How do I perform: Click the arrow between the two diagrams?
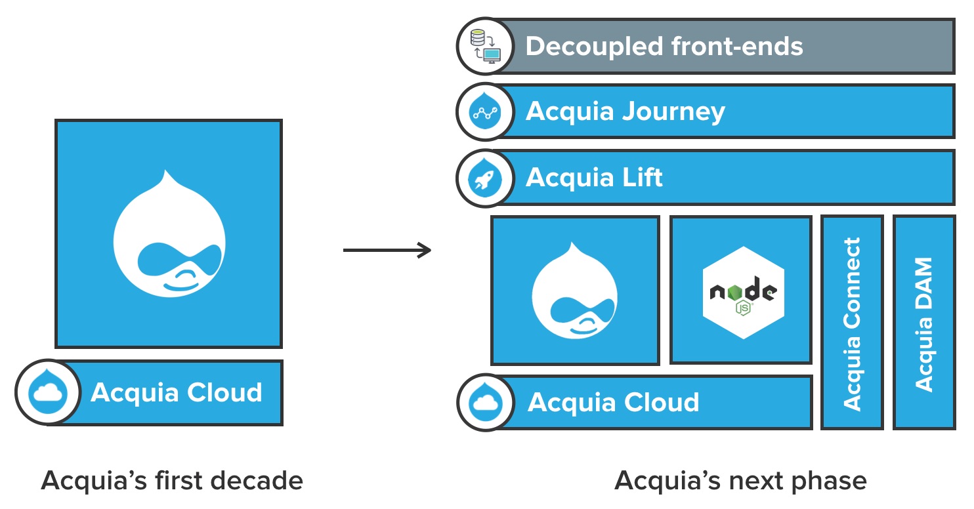387,250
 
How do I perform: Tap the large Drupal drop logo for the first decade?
169,232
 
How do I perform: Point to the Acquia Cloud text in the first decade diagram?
177,392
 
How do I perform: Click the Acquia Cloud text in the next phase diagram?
614,402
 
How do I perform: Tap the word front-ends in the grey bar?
737,47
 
